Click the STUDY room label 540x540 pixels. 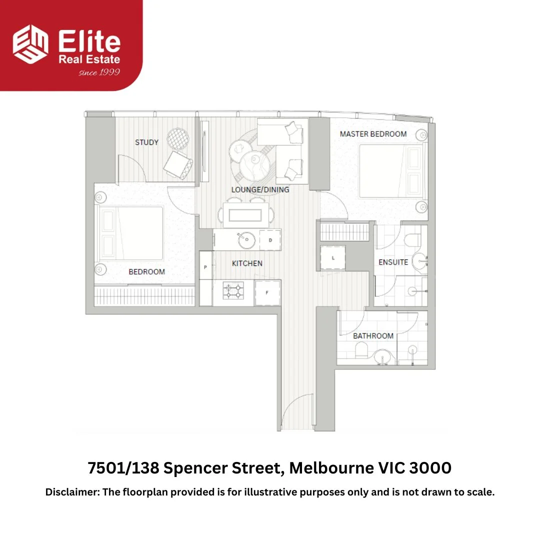click(x=146, y=142)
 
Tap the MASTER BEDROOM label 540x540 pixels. click(x=373, y=134)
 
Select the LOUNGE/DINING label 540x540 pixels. click(x=260, y=190)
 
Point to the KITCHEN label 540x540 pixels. click(x=247, y=263)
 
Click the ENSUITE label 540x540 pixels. click(x=393, y=262)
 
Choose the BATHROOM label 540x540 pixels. click(x=373, y=336)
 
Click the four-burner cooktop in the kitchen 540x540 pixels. click(x=233, y=290)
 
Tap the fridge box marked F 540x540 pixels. click(x=267, y=292)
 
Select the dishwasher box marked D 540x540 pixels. click(x=270, y=240)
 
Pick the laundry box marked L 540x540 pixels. click(x=332, y=257)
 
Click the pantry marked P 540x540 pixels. click(x=205, y=265)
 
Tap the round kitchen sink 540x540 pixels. click(x=246, y=240)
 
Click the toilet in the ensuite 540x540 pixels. click(x=412, y=240)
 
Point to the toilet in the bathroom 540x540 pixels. click(x=361, y=351)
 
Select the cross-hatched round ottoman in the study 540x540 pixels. click(x=178, y=139)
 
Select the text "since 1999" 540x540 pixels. click(x=99, y=72)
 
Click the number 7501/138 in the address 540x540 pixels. click(x=123, y=468)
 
